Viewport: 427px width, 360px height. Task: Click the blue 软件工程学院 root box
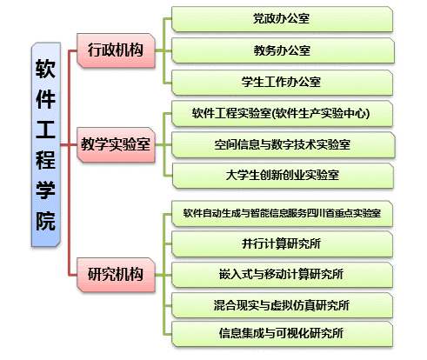(46, 144)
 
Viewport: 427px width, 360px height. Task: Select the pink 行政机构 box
(116, 50)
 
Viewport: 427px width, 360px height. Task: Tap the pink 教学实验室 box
(116, 144)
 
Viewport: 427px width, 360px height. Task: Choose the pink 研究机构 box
(116, 274)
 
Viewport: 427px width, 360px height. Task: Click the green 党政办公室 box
(282, 19)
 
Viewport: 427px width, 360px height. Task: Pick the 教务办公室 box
(283, 50)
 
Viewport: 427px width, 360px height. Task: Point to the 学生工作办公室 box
(282, 82)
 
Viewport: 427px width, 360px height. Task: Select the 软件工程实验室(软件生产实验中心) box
(282, 113)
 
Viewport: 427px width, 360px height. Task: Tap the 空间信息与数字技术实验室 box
(283, 144)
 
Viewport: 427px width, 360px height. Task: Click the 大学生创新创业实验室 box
(283, 176)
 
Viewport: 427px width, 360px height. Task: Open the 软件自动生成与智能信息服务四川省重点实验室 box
(282, 213)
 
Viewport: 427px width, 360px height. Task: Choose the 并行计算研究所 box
(282, 243)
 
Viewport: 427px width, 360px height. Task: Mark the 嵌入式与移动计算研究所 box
(282, 275)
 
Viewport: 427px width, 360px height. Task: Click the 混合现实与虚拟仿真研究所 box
(282, 305)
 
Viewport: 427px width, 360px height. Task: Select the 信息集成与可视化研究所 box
(282, 333)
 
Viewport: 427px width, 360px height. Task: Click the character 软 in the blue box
(45, 69)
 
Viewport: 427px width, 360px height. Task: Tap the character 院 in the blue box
(45, 221)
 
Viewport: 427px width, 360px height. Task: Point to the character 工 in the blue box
(45, 130)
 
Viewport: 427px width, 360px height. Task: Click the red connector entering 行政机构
(72, 50)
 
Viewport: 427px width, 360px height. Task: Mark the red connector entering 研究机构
(72, 275)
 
